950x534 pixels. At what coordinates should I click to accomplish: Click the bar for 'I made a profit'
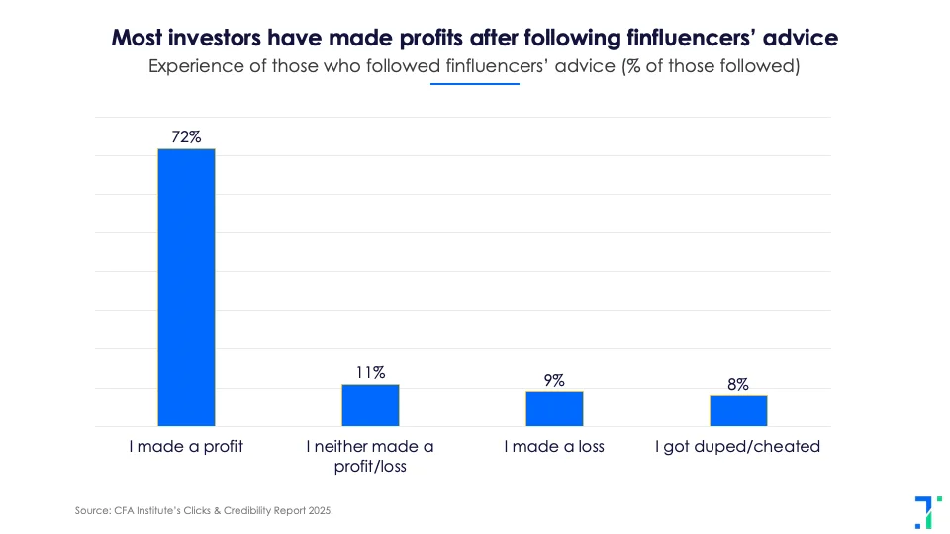(x=186, y=288)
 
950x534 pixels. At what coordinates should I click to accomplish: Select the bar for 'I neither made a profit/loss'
(x=370, y=405)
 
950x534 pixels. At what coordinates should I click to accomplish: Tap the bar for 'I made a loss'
(x=554, y=408)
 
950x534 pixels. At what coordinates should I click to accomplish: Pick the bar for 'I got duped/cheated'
(x=738, y=410)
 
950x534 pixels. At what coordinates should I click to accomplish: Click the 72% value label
(x=186, y=137)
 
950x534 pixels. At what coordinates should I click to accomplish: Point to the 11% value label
(x=370, y=373)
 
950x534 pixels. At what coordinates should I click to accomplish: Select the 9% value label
(x=554, y=380)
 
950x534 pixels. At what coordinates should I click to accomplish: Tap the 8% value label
(x=738, y=384)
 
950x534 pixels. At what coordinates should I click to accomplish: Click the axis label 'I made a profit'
(x=186, y=447)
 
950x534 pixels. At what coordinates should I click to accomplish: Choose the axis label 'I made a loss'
(x=554, y=447)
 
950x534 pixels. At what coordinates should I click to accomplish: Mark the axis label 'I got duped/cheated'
(x=738, y=447)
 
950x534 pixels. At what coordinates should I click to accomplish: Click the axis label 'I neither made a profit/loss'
(x=370, y=456)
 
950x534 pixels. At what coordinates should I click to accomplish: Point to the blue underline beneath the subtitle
(x=475, y=84)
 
